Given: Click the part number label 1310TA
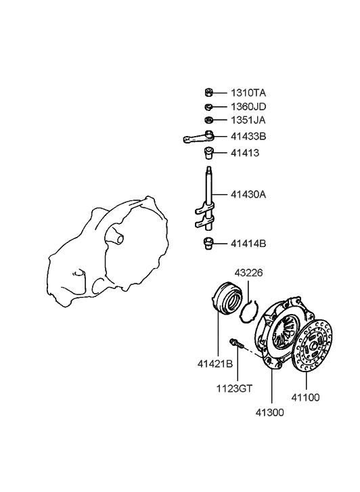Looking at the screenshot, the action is click(248, 93).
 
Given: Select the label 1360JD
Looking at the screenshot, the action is click(248, 107).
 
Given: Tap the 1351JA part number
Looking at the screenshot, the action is click(248, 120).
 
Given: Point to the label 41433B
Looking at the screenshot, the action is click(248, 137).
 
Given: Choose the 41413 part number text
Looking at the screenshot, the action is click(245, 153).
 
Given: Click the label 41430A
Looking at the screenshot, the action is click(248, 194).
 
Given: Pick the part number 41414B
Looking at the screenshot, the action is click(248, 244).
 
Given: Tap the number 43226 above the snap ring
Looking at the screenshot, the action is click(248, 273).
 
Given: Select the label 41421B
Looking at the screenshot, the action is click(215, 364).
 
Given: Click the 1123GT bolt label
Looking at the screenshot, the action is click(234, 388).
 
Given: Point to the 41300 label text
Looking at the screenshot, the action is click(269, 413).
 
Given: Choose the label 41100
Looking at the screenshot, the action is click(305, 397).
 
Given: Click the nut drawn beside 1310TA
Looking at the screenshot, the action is click(208, 93).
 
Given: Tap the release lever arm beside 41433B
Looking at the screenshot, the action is click(199, 137).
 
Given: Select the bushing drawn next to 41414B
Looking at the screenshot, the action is click(208, 244).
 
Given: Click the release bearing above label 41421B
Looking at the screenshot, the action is click(226, 298).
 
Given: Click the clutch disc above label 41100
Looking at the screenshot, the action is click(312, 346).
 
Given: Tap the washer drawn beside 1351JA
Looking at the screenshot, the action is click(208, 120).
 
